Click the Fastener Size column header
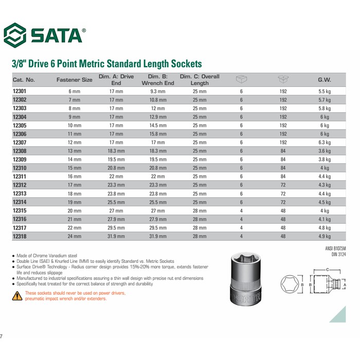coord(74,80)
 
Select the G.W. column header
coord(324,80)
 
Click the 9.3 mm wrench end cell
coord(157,91)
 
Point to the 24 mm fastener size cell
coord(74,236)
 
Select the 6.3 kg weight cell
coord(324,142)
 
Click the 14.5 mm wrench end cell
coord(157,125)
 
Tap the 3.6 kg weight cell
coord(324,151)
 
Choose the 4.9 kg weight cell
coord(324,236)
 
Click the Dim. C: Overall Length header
coord(200,80)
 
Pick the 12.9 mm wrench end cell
coord(157,117)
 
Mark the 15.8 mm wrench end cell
coord(157,134)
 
